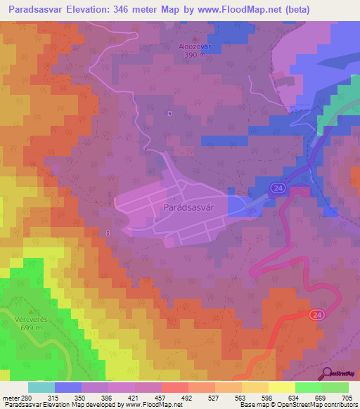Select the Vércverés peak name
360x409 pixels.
(x=30, y=318)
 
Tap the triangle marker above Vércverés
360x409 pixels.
(x=30, y=310)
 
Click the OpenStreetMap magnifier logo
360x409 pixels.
(x=327, y=374)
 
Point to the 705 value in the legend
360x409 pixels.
(x=347, y=398)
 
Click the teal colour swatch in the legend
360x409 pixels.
(x=41, y=387)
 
